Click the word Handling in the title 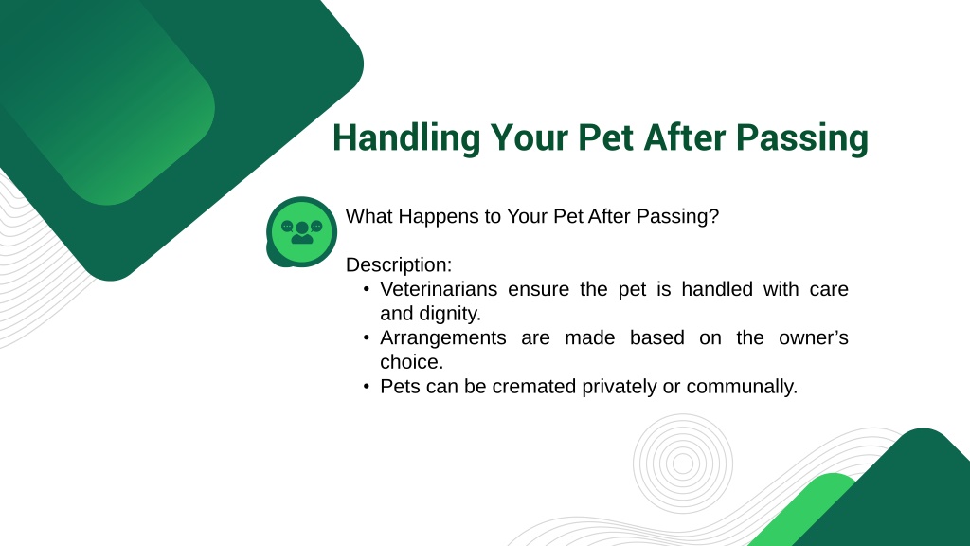tap(405, 138)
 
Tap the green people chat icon tap(301, 232)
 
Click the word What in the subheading tap(368, 216)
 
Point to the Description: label tap(399, 265)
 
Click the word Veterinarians tap(439, 289)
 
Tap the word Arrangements tap(443, 338)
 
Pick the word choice tap(411, 362)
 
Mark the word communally tap(742, 387)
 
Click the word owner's tap(813, 338)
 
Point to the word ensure tap(538, 290)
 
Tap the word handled tap(717, 289)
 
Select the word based tap(657, 338)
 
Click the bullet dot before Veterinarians tap(367, 289)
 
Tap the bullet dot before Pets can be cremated tap(367, 387)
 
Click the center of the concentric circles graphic tap(683, 464)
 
